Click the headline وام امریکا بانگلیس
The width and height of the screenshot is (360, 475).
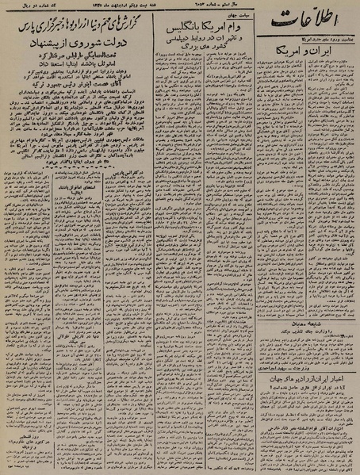pyautogui.click(x=211, y=29)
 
